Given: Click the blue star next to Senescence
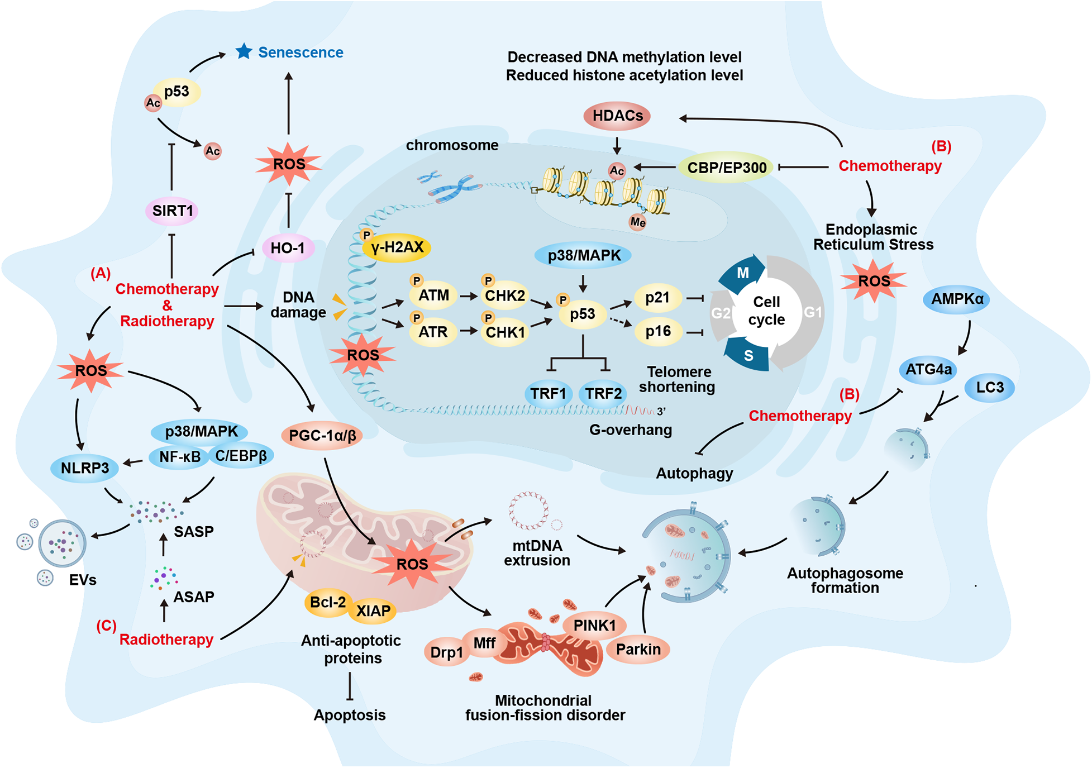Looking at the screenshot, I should pyautogui.click(x=244, y=51).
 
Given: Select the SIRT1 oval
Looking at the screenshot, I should pyautogui.click(x=172, y=211).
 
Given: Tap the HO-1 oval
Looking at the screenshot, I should pyautogui.click(x=288, y=248).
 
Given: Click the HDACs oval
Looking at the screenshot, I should pyautogui.click(x=617, y=116).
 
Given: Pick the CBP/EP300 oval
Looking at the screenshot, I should pyautogui.click(x=726, y=168).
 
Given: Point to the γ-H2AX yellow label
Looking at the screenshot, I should pyautogui.click(x=397, y=247).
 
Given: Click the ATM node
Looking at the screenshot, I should pyautogui.click(x=433, y=295).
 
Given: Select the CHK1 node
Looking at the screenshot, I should pyautogui.click(x=505, y=332).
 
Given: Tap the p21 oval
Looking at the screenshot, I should pyautogui.click(x=657, y=298).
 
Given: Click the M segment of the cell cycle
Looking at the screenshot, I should pyautogui.click(x=742, y=273).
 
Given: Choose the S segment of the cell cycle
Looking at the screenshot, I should pyautogui.click(x=748, y=355).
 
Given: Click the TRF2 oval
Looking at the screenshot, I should pyautogui.click(x=603, y=394).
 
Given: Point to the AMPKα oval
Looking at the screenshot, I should pyautogui.click(x=957, y=299).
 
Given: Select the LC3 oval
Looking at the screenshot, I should pyautogui.click(x=990, y=388).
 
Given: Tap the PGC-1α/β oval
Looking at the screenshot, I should pyautogui.click(x=322, y=436).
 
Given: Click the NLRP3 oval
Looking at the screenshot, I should pyautogui.click(x=85, y=468).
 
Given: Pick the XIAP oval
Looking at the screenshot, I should pyautogui.click(x=373, y=611).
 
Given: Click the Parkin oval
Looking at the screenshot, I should pyautogui.click(x=638, y=650).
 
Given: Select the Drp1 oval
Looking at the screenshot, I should pyautogui.click(x=446, y=652).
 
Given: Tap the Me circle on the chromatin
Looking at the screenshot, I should pyautogui.click(x=637, y=222).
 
